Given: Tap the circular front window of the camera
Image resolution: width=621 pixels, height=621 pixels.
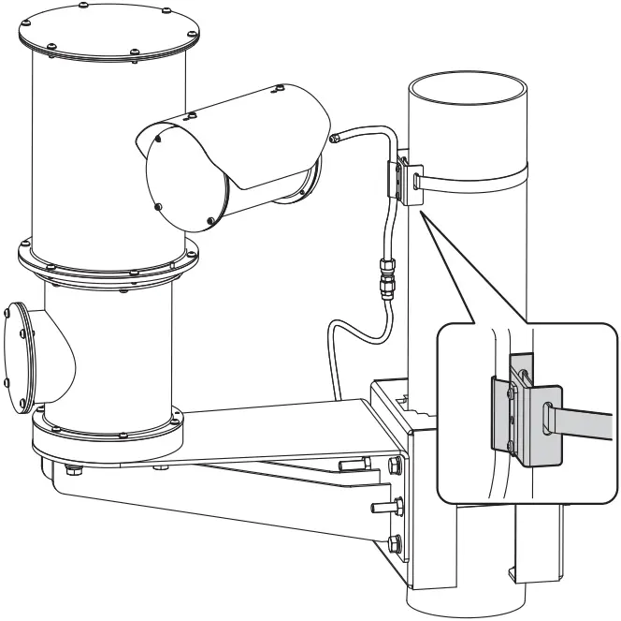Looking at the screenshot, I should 186,178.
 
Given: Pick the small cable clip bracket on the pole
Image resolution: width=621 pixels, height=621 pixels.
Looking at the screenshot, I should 403,177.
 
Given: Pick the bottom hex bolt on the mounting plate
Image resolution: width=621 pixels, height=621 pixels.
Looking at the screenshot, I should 396,542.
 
